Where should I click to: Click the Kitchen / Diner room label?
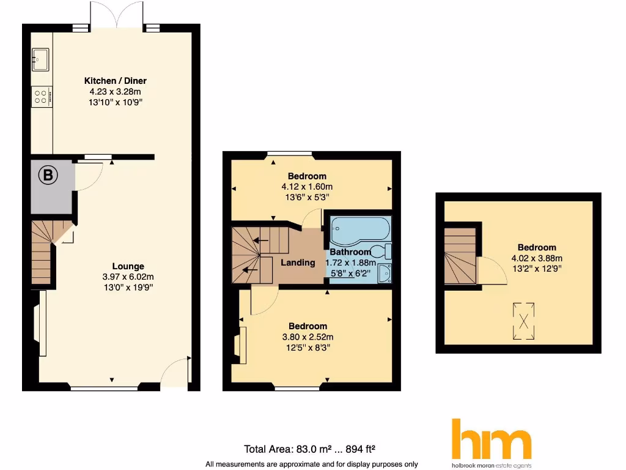(115, 81)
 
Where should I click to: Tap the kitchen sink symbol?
(41, 60)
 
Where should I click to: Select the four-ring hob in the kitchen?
(42, 97)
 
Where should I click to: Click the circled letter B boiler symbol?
(48, 176)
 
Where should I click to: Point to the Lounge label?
(128, 266)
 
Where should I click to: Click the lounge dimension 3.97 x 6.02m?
(128, 277)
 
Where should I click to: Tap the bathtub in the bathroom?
(359, 230)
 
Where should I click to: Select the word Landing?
(298, 263)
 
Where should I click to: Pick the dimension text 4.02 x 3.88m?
(537, 258)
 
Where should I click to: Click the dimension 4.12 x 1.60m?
(307, 187)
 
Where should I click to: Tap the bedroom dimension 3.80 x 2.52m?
(307, 337)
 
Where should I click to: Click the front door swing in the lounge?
(177, 372)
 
